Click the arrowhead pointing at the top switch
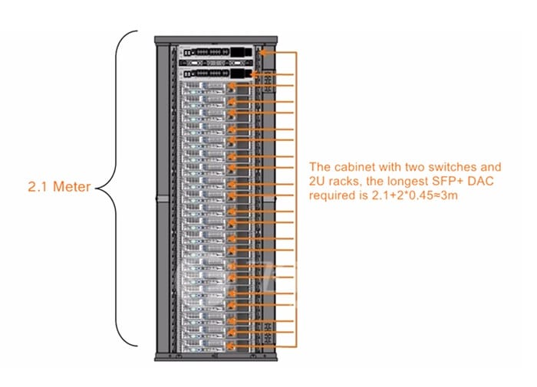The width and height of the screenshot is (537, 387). click(x=263, y=52)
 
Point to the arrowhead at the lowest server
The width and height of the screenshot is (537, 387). click(x=232, y=348)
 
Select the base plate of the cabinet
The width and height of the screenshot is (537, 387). click(x=216, y=357)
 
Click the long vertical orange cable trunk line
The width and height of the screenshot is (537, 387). click(x=295, y=199)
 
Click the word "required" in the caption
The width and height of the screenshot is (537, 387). click(x=331, y=195)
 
